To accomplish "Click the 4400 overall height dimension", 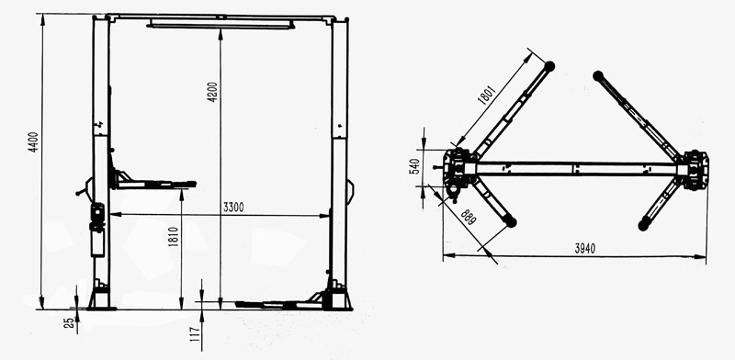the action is coord(34,146).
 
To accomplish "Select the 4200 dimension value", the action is coord(213,92).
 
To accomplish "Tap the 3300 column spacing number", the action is coord(233,207).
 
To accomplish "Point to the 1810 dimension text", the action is coord(174,237).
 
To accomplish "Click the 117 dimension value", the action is coord(195,333).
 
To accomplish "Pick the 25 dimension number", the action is coord(69,322).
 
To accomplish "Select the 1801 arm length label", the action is coord(487,96).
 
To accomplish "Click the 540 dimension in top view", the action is coord(414,166).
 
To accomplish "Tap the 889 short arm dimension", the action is coord(469,217).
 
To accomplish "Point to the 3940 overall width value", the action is coord(585,249).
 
